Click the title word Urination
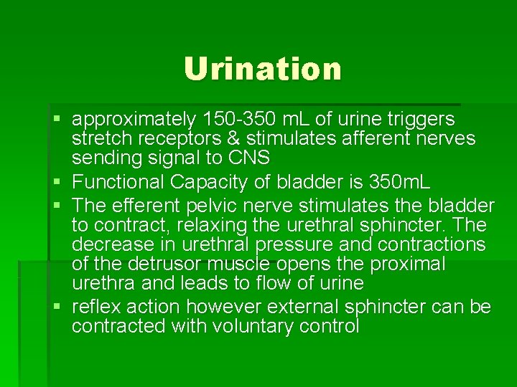point(262,70)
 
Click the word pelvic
point(213,206)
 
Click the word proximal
point(408,264)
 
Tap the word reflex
point(93,307)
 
